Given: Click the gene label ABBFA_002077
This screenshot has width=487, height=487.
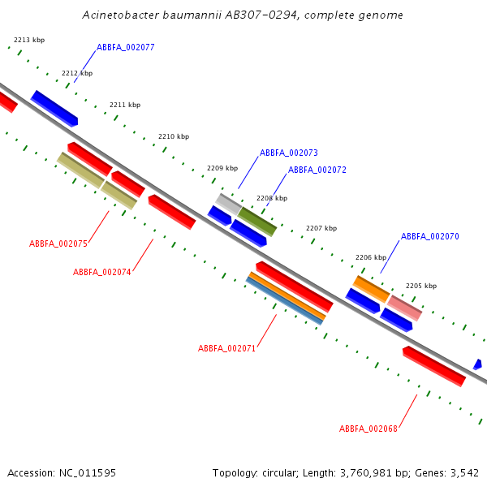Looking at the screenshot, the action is pyautogui.click(x=126, y=47).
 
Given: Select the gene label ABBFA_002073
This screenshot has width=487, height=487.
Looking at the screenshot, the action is pyautogui.click(x=289, y=153).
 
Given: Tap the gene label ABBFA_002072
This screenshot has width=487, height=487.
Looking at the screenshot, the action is pyautogui.click(x=317, y=170).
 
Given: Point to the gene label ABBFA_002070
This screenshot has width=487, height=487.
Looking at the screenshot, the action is pyautogui.click(x=430, y=236).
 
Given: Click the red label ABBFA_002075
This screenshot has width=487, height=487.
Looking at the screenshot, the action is pyautogui.click(x=58, y=243).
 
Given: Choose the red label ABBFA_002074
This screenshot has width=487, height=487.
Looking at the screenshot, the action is pyautogui.click(x=102, y=272).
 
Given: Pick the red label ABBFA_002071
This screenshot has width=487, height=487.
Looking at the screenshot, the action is pyautogui.click(x=226, y=348).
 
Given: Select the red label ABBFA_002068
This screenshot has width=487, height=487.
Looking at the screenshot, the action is pyautogui.click(x=368, y=429).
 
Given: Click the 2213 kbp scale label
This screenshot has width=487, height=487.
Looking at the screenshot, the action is pyautogui.click(x=29, y=40).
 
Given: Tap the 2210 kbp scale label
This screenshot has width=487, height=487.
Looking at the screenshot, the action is pyautogui.click(x=174, y=136).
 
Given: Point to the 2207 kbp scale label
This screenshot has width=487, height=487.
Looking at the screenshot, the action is pyautogui.click(x=321, y=228).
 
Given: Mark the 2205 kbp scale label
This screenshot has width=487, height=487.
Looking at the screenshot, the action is pyautogui.click(x=421, y=286).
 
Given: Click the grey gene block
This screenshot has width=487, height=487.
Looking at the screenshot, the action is pyautogui.click(x=228, y=204).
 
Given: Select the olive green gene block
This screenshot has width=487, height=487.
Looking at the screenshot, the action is pyautogui.click(x=257, y=222).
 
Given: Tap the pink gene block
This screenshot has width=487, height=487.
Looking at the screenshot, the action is pyautogui.click(x=405, y=308).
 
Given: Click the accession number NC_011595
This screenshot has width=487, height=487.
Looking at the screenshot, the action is pyautogui.click(x=88, y=473).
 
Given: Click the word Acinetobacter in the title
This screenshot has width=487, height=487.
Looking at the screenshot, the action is pyautogui.click(x=120, y=15).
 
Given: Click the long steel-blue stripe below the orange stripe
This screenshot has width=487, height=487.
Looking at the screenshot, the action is pyautogui.click(x=284, y=301).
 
